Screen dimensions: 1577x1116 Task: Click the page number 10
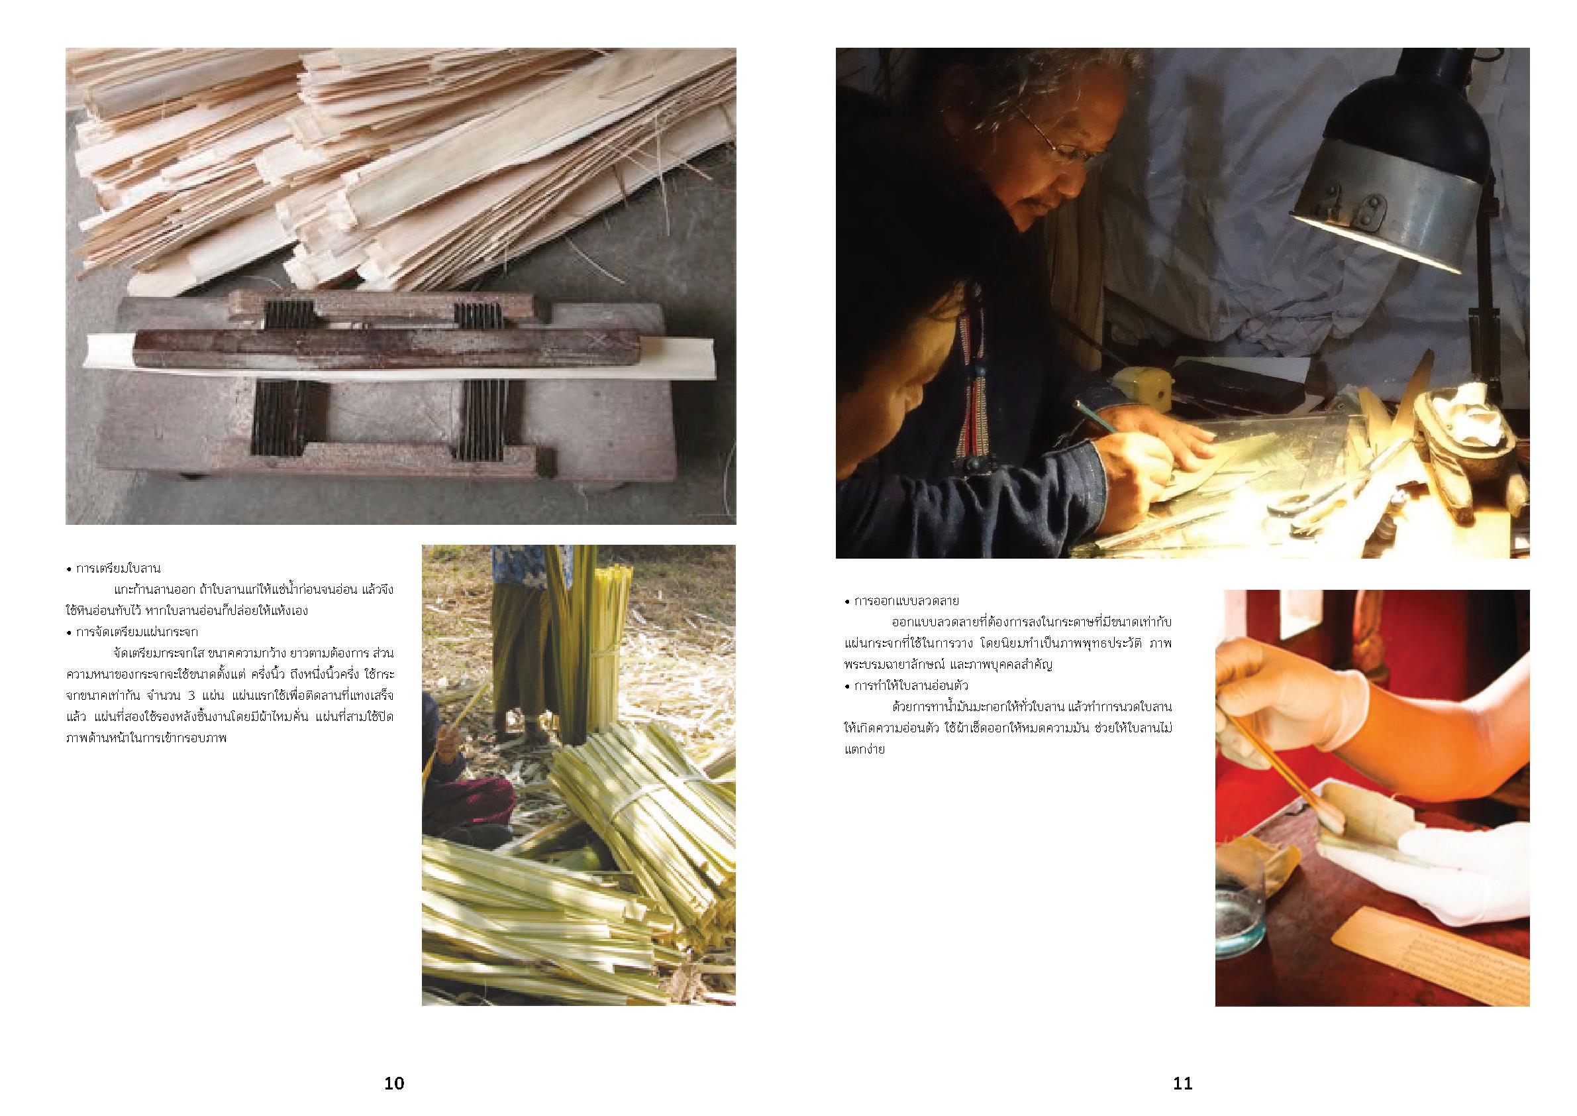[394, 1084]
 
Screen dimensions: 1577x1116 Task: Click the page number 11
[1183, 1084]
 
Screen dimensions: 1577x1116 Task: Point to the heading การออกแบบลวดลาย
[906, 601]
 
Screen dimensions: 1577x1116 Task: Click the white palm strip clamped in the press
[412, 357]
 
